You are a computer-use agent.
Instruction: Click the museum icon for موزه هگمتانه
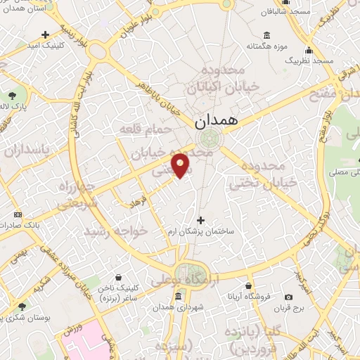click(266, 36)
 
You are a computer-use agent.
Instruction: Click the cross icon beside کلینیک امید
click(46, 34)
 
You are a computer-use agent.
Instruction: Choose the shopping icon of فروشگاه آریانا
click(249, 286)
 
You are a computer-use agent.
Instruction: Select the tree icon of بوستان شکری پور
click(22, 307)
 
